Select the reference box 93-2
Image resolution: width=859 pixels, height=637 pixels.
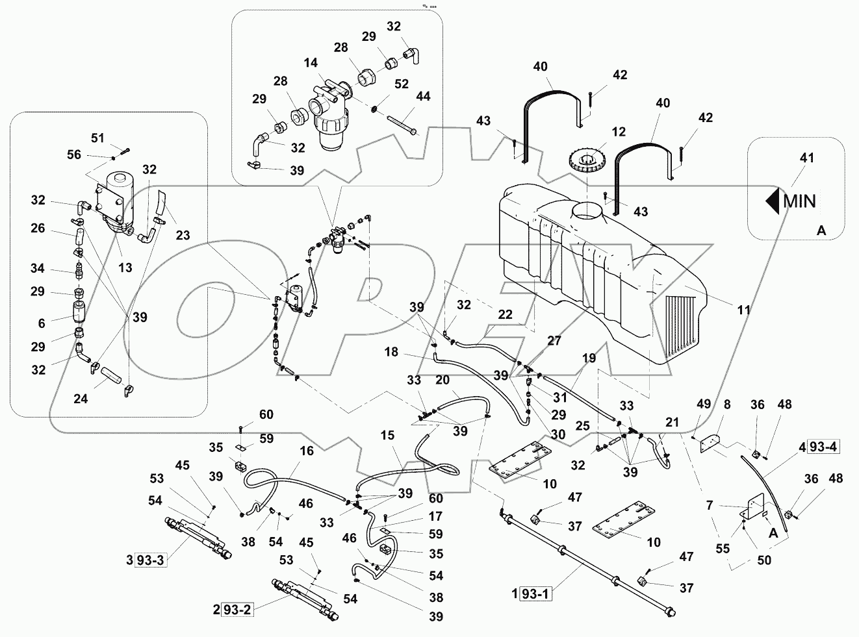click(238, 610)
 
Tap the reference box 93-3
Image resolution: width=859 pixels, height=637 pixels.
click(151, 560)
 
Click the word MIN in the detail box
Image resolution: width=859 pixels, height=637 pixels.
click(799, 201)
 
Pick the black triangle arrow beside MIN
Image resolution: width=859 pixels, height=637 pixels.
click(773, 201)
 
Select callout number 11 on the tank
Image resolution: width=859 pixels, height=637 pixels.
click(743, 310)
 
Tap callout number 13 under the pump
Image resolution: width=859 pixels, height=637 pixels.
click(125, 268)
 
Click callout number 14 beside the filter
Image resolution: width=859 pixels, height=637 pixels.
click(311, 63)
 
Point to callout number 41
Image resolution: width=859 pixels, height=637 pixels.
click(807, 158)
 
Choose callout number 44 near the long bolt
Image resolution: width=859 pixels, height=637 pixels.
click(423, 97)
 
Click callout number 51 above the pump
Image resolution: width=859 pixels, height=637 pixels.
click(97, 138)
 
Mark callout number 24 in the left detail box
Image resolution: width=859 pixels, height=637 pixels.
click(80, 399)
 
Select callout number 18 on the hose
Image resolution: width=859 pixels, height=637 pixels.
click(391, 352)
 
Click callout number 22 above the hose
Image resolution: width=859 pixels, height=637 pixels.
click(505, 314)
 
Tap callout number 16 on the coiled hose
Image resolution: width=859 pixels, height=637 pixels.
click(307, 451)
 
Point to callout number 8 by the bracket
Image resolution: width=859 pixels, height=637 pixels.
click(726, 405)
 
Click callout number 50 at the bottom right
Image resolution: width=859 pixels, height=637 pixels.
click(764, 559)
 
